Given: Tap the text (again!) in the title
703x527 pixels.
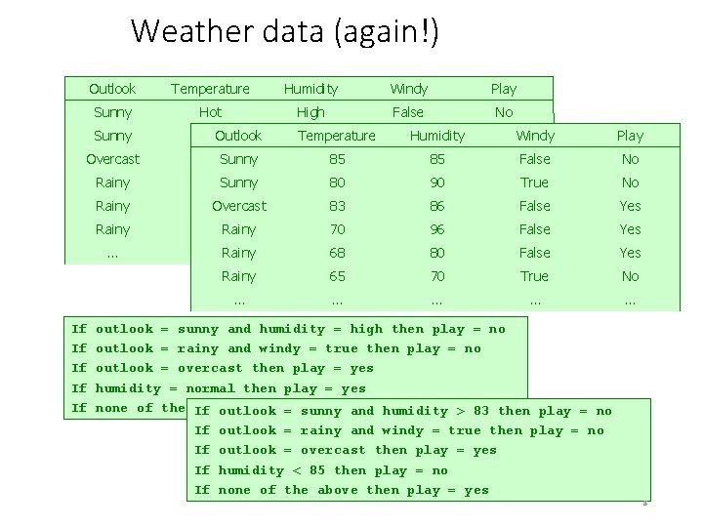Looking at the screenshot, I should pos(387,32).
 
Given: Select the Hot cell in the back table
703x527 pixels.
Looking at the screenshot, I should pos(210,112).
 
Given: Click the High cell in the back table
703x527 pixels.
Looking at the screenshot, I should pos(310,112).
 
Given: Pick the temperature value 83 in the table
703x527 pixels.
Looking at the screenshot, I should pos(336,206).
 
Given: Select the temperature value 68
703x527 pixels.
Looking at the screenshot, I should pos(336,253).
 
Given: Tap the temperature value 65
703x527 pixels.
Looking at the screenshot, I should pos(336,276).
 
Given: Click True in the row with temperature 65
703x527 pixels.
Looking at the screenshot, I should pos(534,276).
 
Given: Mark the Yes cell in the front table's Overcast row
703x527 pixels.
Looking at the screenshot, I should pos(630,206).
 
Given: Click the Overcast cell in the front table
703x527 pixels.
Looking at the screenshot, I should pos(238,206).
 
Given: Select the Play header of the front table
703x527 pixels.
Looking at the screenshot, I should pos(630,136).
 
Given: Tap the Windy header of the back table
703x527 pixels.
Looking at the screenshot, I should pos(408,89).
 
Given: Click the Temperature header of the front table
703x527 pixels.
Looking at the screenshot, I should pos(336,136).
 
